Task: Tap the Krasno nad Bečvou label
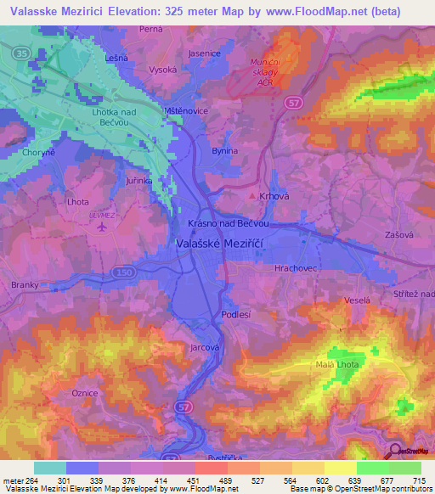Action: click(228, 224)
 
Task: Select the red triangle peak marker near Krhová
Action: click(251, 195)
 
